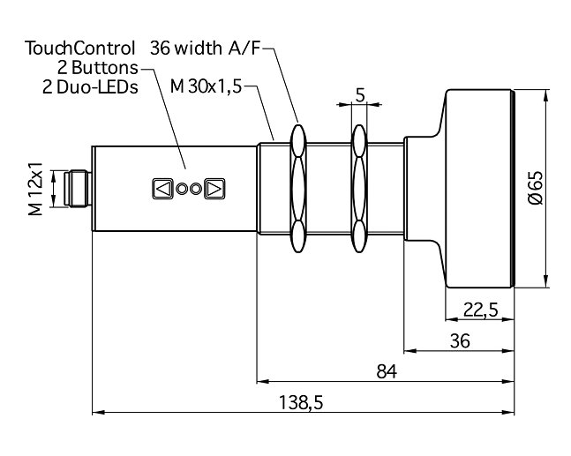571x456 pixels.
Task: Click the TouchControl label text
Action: tap(80, 48)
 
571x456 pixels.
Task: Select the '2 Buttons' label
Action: tap(98, 67)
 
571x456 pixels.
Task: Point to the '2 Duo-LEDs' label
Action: tap(90, 87)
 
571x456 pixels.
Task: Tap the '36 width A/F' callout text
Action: tap(206, 48)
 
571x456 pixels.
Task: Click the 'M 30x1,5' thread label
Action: tap(206, 87)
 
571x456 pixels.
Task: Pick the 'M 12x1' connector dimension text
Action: tap(35, 188)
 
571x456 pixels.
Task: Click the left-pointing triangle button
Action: tap(162, 189)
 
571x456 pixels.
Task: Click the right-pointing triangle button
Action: tap(214, 189)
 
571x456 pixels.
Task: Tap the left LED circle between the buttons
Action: tap(182, 189)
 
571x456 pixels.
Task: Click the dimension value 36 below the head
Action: tap(458, 340)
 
